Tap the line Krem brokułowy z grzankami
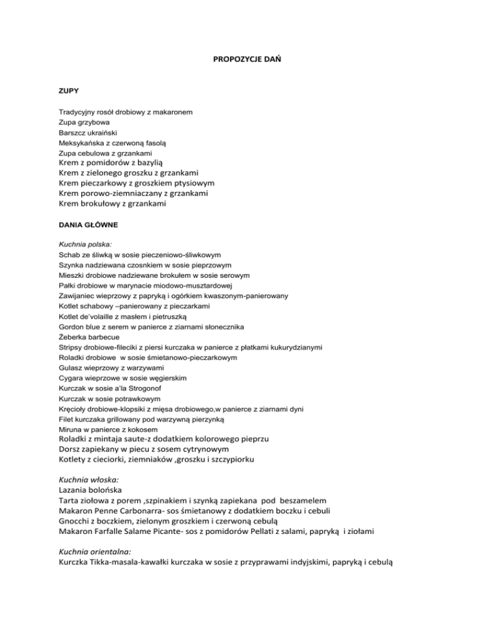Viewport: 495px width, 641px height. (x=112, y=204)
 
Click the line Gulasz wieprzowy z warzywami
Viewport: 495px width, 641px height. (x=106, y=368)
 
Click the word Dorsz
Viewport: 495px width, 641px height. (x=71, y=449)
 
